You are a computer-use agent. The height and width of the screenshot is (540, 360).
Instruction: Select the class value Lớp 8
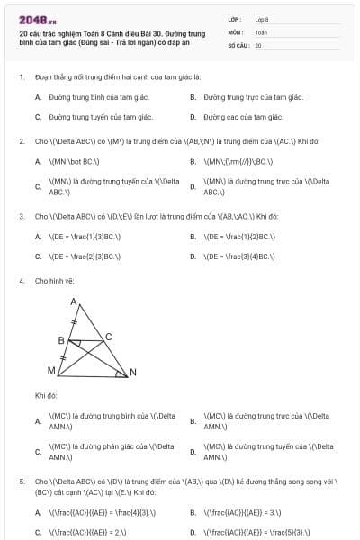tap(262, 18)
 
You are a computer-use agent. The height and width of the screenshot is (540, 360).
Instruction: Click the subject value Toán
tap(261, 31)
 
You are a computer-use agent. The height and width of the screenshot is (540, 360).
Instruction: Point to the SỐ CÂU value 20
tap(258, 44)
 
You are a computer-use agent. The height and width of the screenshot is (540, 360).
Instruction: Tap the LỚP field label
tap(235, 18)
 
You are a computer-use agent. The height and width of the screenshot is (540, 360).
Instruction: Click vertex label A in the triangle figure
tap(73, 302)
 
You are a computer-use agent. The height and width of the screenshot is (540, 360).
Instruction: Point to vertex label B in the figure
tap(60, 341)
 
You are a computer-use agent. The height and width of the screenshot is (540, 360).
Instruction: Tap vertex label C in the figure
tap(109, 337)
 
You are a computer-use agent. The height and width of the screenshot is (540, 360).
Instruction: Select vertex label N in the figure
tap(133, 373)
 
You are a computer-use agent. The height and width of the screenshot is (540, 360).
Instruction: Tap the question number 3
tap(21, 217)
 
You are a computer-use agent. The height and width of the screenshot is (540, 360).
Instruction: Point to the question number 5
tap(21, 481)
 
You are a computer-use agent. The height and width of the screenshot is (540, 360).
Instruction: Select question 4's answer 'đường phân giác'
tap(99, 451)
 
